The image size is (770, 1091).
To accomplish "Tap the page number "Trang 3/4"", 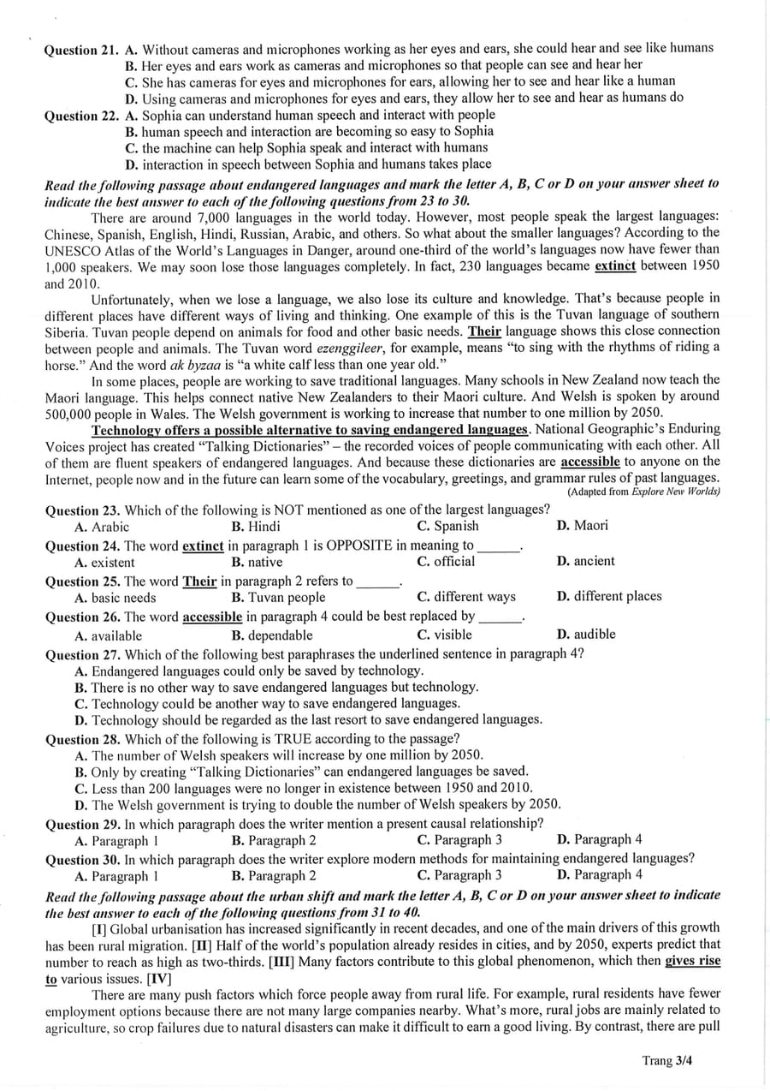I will point(666,1060).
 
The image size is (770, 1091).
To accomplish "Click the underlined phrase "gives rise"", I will point(692,961).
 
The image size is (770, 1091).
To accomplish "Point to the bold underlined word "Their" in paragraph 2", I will point(484,331).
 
